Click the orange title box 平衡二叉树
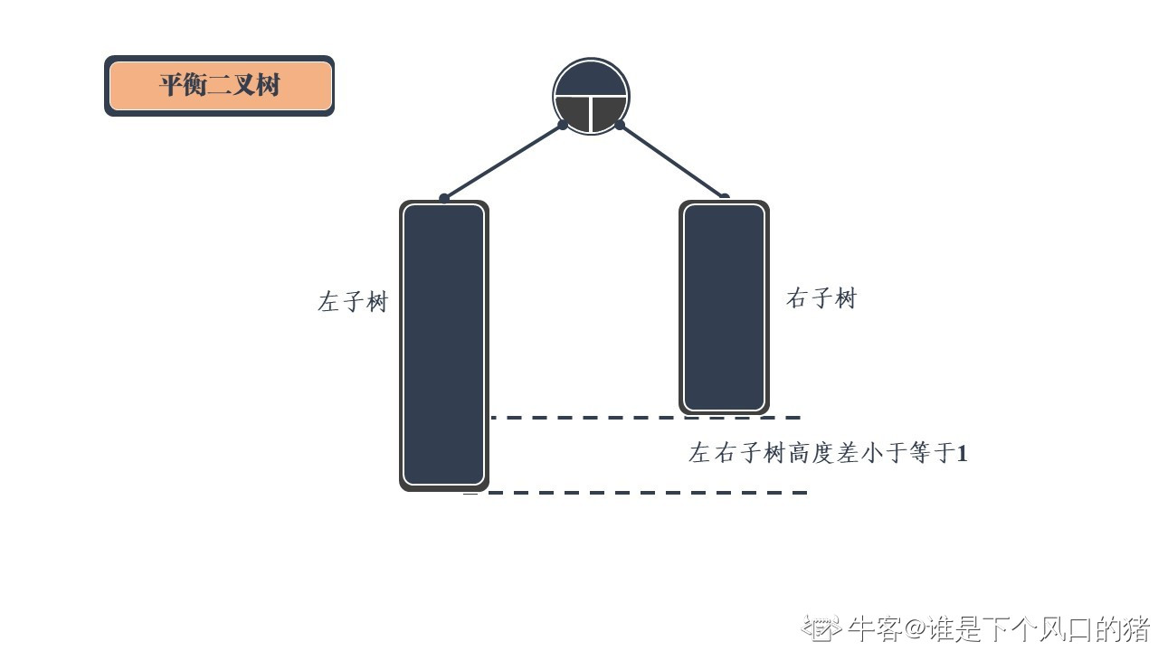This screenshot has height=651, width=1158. pos(220,86)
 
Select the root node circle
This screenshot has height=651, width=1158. pos(591,96)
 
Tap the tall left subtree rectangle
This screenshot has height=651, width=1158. pos(444,344)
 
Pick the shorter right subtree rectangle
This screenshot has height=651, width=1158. pos(724,307)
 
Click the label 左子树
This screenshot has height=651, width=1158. pos(352,301)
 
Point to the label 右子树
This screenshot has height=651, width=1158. pos(821,298)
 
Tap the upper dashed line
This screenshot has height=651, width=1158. pos(646,418)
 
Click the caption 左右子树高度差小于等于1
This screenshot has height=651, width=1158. pos(827,452)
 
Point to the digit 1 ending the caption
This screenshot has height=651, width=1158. pos(962,453)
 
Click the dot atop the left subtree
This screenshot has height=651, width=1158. pos(444,198)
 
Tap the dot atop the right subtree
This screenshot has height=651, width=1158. pos(724,197)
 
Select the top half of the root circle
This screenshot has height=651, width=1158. pos(591,80)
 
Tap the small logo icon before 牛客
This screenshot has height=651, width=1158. pos(821,627)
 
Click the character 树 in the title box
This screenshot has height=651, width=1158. pos(269,86)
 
